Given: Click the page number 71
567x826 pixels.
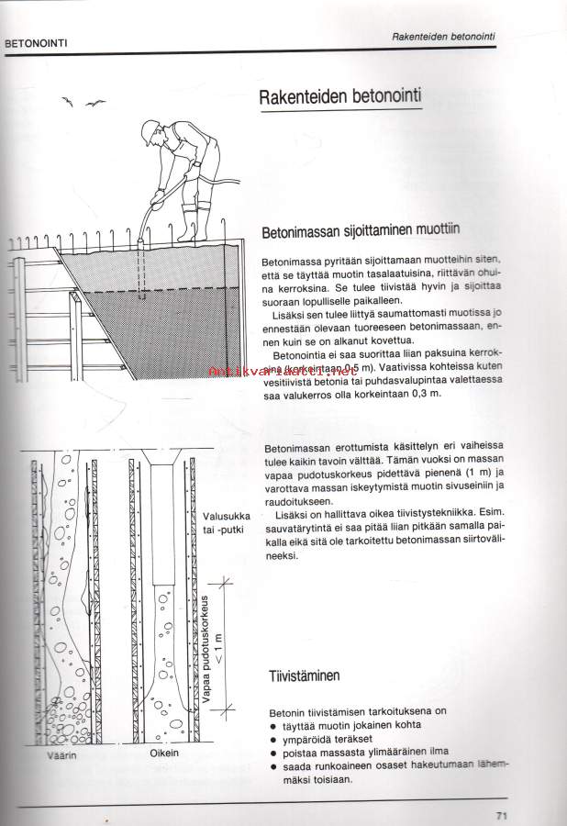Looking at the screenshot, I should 501,814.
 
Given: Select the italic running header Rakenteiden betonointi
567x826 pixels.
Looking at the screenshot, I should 443,37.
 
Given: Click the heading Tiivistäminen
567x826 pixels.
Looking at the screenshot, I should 304,677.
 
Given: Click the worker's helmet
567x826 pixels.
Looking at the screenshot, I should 150,128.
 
